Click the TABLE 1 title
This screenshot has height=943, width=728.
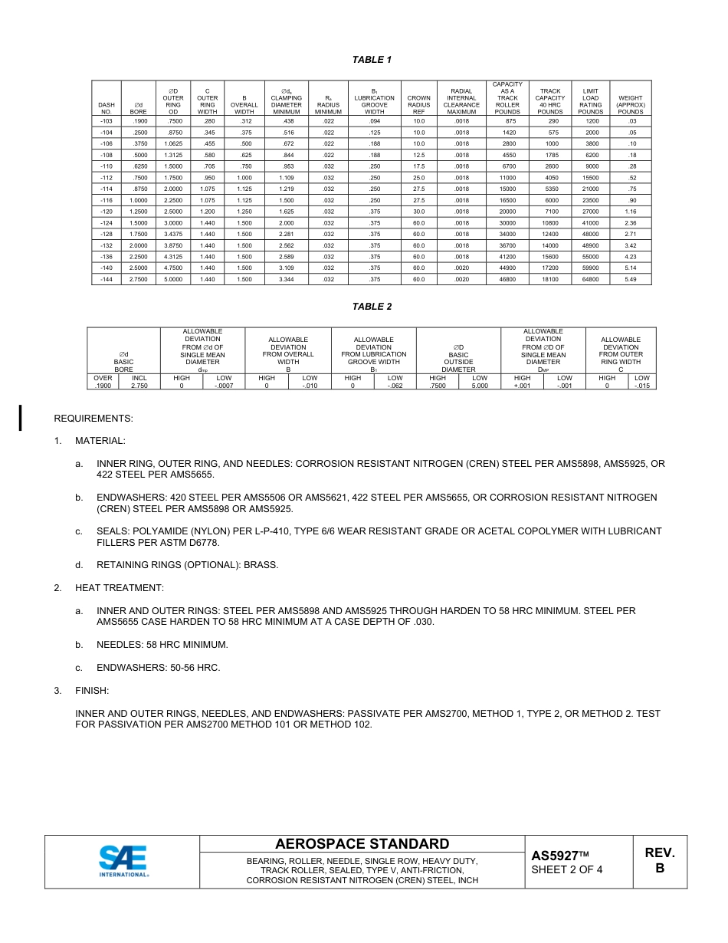tap(372, 60)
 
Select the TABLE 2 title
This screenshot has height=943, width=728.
tap(372, 307)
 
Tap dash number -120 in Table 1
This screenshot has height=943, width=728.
tap(106, 212)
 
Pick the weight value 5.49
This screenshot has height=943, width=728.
tap(631, 280)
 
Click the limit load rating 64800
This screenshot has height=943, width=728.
tap(590, 280)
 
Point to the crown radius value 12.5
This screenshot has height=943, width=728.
tap(418, 155)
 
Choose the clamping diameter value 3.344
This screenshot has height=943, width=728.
tap(287, 280)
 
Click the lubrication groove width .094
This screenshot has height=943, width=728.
tap(374, 121)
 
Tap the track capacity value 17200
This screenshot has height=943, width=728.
tap(549, 268)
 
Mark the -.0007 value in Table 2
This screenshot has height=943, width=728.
tap(224, 386)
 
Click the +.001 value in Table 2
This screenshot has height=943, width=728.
tap(522, 386)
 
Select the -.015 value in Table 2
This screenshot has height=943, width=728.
tap(642, 386)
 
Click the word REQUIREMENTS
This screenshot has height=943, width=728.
tap(93, 419)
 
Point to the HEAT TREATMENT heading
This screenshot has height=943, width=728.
tap(119, 588)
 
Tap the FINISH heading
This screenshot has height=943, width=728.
tap(92, 691)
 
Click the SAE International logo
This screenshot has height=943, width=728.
tap(123, 861)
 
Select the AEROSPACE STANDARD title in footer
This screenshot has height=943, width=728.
tap(362, 844)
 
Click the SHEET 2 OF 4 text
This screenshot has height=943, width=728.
tap(566, 869)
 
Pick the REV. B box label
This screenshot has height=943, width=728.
tap(659, 861)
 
